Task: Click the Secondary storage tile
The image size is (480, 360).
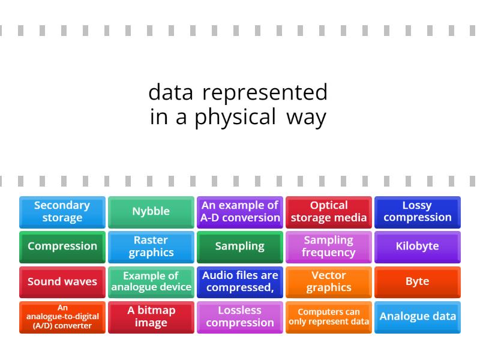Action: pyautogui.click(x=62, y=212)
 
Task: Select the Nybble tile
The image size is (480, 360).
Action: pyautogui.click(x=151, y=212)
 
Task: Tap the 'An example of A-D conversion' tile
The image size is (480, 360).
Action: pyautogui.click(x=240, y=212)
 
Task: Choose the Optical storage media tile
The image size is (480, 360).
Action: pyautogui.click(x=329, y=212)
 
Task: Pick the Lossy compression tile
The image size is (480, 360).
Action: pyautogui.click(x=418, y=212)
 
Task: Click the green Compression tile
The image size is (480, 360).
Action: pyautogui.click(x=62, y=247)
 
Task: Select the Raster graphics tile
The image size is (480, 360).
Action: pyautogui.click(x=151, y=247)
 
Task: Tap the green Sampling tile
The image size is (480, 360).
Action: pyautogui.click(x=240, y=247)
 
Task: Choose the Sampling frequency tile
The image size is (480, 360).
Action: pyautogui.click(x=329, y=247)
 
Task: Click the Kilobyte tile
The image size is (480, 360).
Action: pyautogui.click(x=418, y=247)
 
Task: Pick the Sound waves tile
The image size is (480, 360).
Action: pyautogui.click(x=62, y=282)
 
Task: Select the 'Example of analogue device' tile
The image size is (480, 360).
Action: pyautogui.click(x=151, y=282)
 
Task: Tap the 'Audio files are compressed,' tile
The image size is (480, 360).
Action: pyautogui.click(x=240, y=282)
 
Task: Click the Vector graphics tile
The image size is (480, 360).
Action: pyautogui.click(x=329, y=282)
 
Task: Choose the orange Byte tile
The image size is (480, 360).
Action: pyautogui.click(x=418, y=282)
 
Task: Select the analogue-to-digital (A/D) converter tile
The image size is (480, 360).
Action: pyautogui.click(x=62, y=317)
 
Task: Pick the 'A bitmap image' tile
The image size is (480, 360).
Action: pyautogui.click(x=151, y=317)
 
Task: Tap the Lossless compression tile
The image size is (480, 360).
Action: pyautogui.click(x=240, y=317)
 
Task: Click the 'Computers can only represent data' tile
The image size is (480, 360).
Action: pyautogui.click(x=329, y=317)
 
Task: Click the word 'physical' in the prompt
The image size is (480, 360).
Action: pyautogui.click(x=235, y=117)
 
